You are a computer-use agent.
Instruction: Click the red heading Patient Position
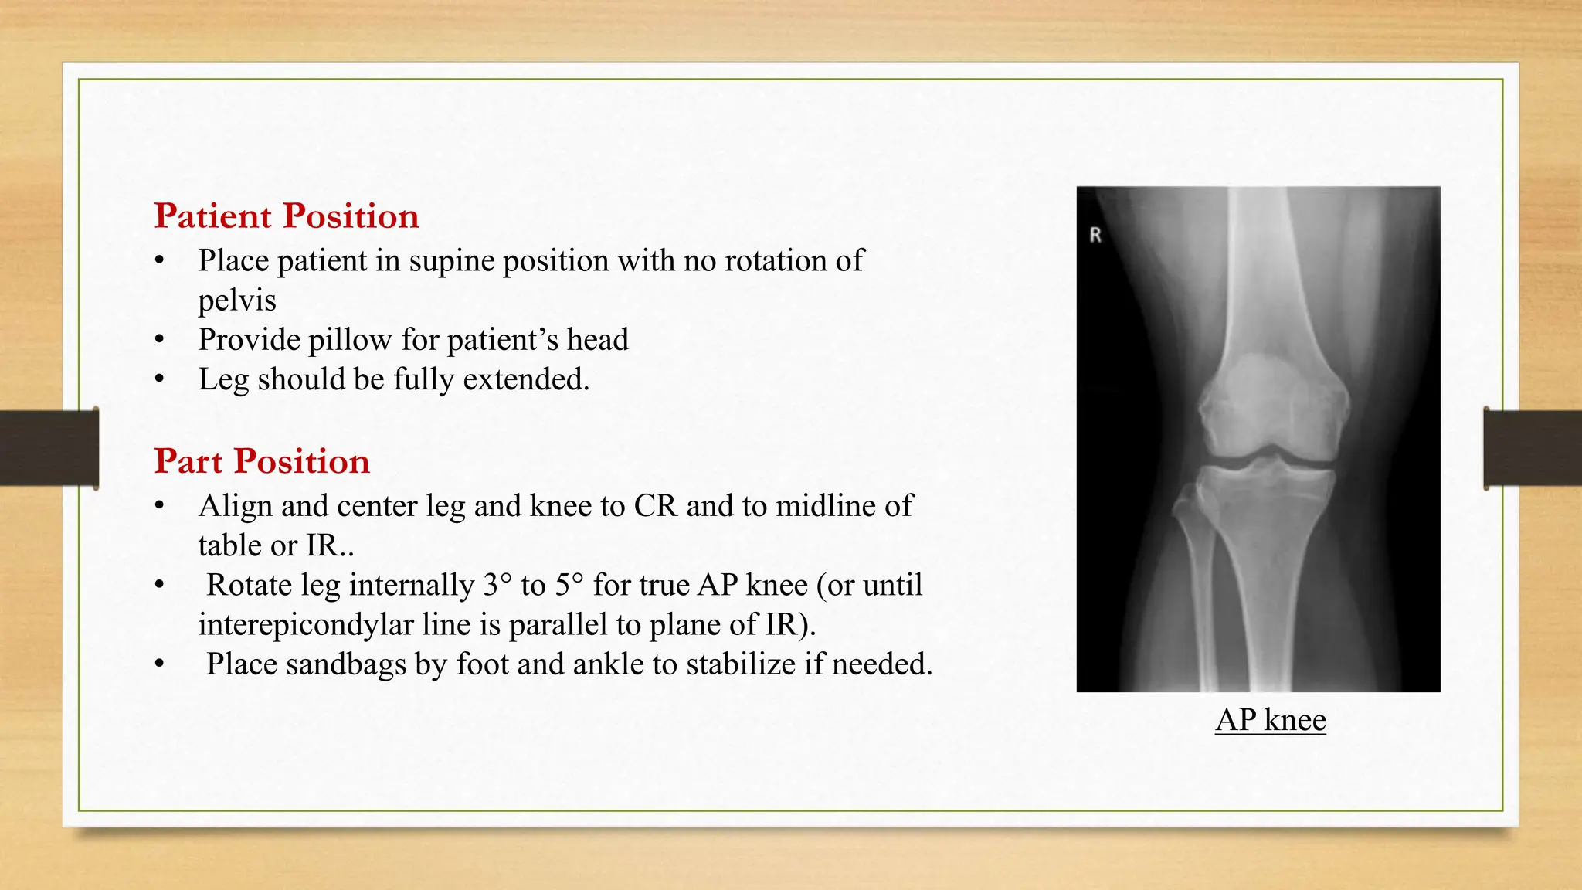(x=286, y=216)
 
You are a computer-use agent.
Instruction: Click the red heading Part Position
(x=262, y=461)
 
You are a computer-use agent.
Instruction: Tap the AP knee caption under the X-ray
(x=1270, y=720)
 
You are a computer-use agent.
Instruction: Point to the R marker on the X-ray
(x=1095, y=236)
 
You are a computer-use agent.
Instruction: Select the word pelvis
(x=236, y=301)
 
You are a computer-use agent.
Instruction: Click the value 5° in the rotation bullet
(x=569, y=585)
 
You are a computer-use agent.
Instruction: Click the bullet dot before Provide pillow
(x=159, y=340)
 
